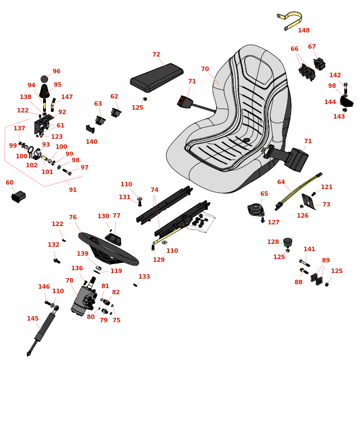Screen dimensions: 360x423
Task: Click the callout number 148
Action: click(x=303, y=30)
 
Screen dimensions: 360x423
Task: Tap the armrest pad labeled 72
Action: click(x=157, y=78)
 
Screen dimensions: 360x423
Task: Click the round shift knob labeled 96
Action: click(x=44, y=79)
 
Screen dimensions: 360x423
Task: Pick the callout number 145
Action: click(x=32, y=318)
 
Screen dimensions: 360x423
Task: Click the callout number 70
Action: click(x=205, y=69)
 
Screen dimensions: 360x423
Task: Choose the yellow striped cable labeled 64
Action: click(x=298, y=191)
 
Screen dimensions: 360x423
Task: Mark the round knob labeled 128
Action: click(x=288, y=242)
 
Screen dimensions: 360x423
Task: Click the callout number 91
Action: click(x=73, y=190)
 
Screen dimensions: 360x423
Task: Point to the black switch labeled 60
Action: click(x=18, y=196)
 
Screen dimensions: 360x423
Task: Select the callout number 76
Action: click(x=73, y=217)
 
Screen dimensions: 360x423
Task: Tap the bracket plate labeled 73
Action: click(x=308, y=201)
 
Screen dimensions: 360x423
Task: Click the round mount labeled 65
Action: click(x=255, y=210)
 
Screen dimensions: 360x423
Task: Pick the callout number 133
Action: click(x=144, y=276)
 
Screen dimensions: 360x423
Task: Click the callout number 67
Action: click(x=312, y=46)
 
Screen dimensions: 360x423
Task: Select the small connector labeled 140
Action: click(x=90, y=129)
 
